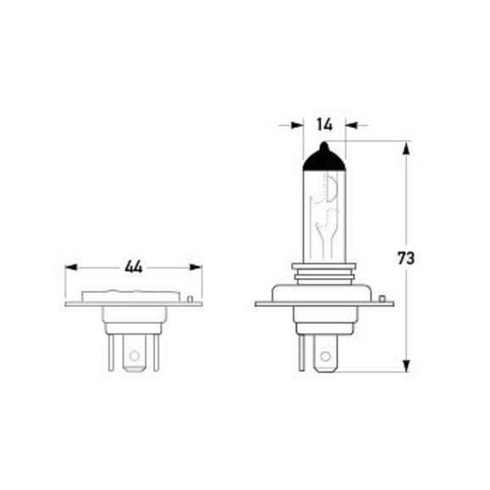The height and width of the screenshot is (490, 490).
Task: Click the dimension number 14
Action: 325,125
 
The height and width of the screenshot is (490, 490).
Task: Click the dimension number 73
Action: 406,258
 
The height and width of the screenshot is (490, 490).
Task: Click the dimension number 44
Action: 133,267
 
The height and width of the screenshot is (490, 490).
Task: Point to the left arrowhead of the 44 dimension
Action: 71,268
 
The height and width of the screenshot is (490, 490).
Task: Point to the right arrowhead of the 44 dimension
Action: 196,268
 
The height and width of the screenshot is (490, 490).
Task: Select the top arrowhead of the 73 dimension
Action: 406,148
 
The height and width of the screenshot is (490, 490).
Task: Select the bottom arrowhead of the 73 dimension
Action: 406,365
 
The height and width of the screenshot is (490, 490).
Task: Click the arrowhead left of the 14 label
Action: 297,125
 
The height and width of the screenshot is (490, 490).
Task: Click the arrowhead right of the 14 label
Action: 351,125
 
